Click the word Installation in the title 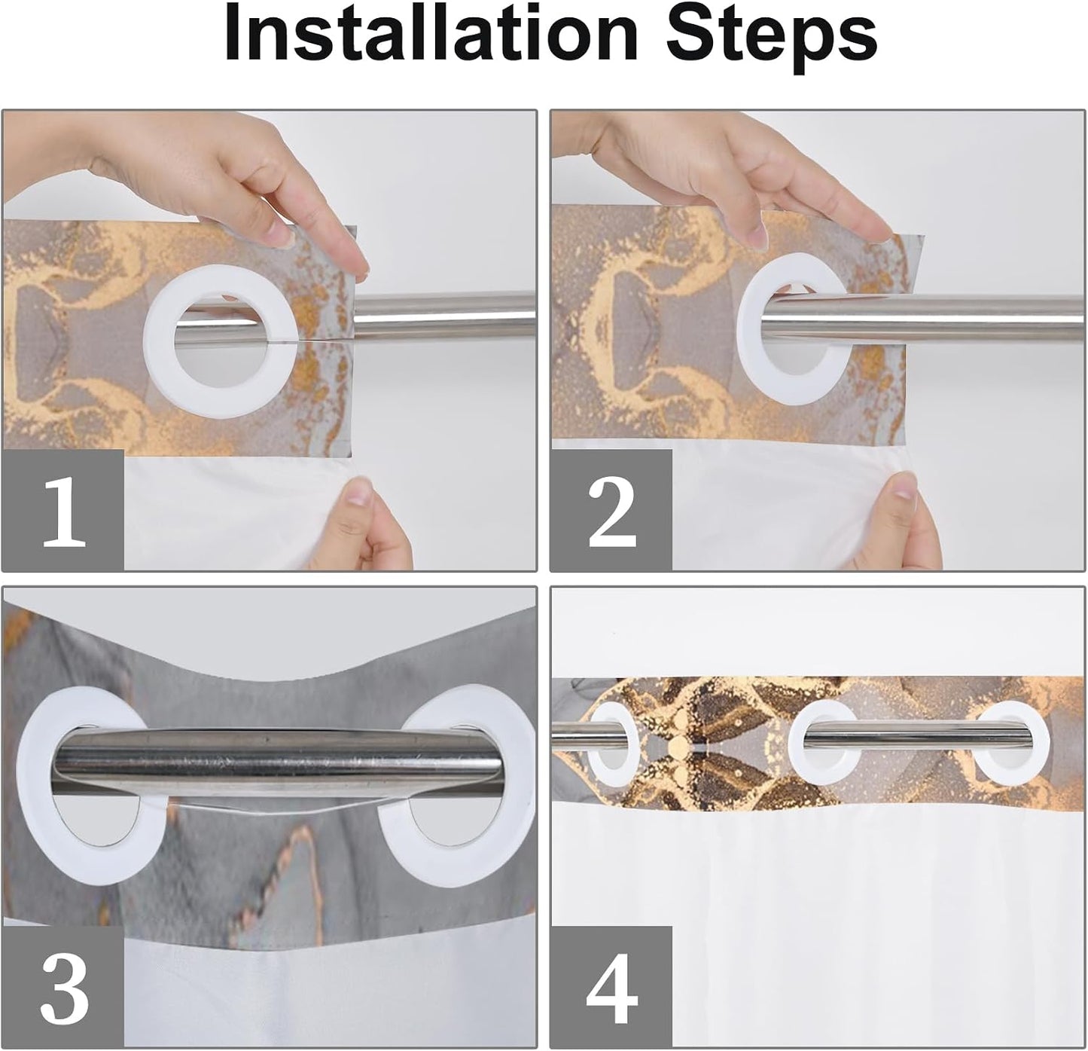[x=431, y=35]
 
